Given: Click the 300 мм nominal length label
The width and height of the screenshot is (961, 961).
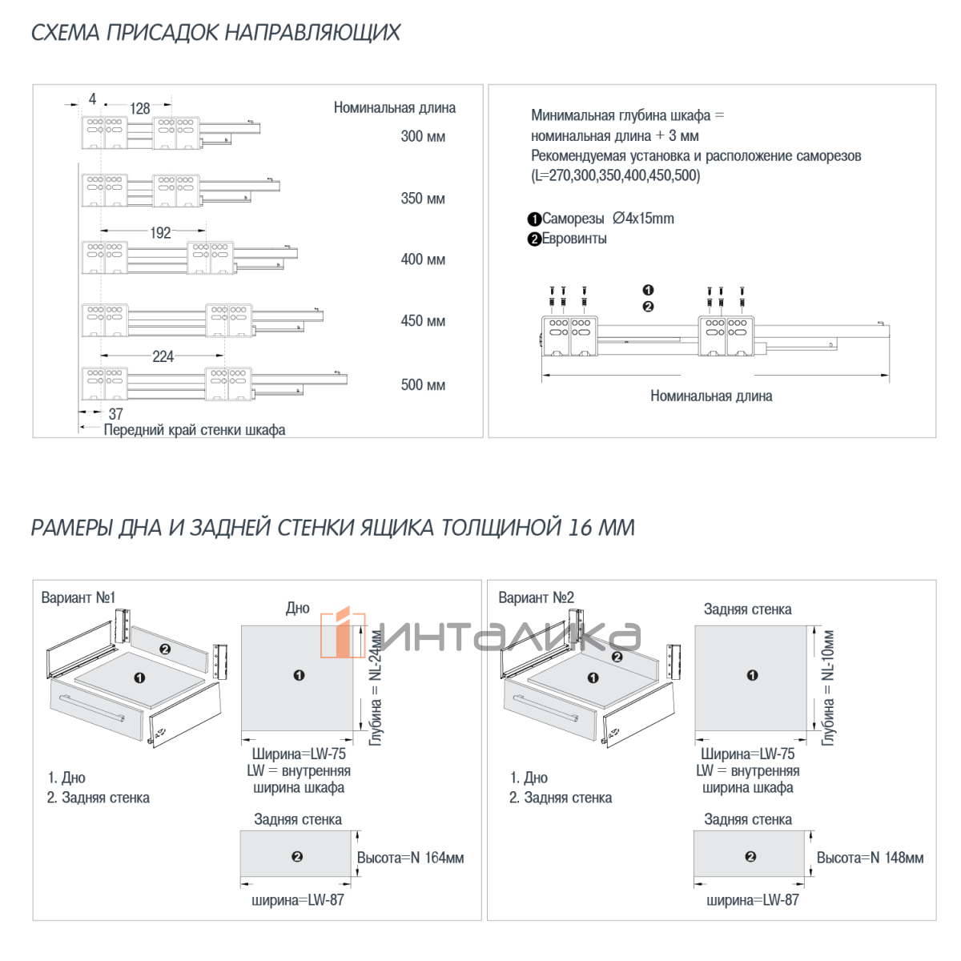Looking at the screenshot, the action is [x=422, y=136].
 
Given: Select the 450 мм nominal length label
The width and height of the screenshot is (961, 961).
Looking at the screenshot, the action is [x=422, y=320].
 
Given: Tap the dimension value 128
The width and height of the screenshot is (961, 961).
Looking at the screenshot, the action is [x=139, y=108].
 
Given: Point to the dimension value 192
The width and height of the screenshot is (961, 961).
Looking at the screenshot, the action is [x=160, y=232].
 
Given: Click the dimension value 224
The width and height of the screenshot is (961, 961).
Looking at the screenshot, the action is [x=163, y=356].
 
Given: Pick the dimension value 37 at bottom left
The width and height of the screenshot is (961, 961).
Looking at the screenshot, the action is [x=115, y=413].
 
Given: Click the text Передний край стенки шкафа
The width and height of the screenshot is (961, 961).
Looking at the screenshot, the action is [x=195, y=430].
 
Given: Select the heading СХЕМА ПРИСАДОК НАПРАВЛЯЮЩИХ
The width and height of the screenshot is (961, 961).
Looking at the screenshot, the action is [x=215, y=32].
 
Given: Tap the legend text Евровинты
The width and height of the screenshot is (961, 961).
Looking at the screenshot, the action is [x=574, y=239].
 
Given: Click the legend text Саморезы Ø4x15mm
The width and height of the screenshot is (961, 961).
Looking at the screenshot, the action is [x=607, y=219].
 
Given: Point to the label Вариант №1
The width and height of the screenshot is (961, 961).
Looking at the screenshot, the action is [x=78, y=597].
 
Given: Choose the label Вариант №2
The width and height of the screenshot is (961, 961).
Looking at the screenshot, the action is [x=536, y=597].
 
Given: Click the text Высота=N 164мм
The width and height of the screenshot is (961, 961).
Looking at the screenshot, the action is [x=410, y=858].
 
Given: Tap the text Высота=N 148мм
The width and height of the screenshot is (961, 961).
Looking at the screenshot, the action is [x=870, y=858].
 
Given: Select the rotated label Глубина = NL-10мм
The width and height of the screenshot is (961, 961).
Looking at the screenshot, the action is [x=828, y=688].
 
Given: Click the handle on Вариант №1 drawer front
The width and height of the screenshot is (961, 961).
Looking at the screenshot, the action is [x=92, y=707].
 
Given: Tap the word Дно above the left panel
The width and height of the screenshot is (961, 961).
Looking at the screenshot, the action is [x=298, y=608].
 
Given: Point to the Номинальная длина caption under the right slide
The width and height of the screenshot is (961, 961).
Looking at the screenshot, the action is [x=711, y=396].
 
